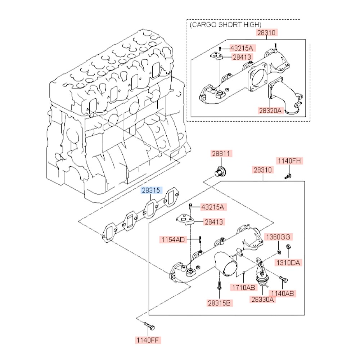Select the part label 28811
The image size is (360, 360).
pyautogui.click(x=221, y=154)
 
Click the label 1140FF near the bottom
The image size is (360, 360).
pyautogui.click(x=148, y=339)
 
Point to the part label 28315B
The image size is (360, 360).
pyautogui.click(x=219, y=303)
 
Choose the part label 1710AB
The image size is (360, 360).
pyautogui.click(x=243, y=287)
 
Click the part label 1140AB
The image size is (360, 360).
pyautogui.click(x=283, y=293)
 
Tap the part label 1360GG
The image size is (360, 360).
pyautogui.click(x=278, y=237)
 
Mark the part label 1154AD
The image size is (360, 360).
pyautogui.click(x=173, y=239)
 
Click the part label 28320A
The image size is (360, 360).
pyautogui.click(x=269, y=110)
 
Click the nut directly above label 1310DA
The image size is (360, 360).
pyautogui.click(x=288, y=247)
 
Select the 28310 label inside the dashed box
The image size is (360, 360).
pyautogui.click(x=266, y=33)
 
